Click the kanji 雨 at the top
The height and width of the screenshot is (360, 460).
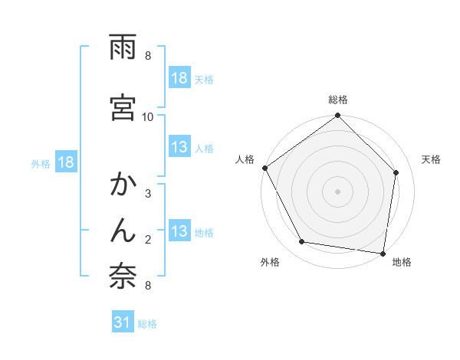click(123, 47)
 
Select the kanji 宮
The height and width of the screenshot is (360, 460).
click(123, 107)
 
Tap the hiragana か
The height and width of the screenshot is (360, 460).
click(123, 185)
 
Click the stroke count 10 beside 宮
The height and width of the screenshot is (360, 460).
click(148, 116)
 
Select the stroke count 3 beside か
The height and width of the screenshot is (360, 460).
click(148, 194)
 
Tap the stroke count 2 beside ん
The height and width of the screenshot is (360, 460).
click(148, 240)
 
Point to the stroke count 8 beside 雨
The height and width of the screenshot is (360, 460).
click(148, 56)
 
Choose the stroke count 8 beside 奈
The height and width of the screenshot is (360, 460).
click(148, 286)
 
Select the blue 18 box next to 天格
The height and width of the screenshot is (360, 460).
click(179, 79)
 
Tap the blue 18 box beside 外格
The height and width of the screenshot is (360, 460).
click(65, 162)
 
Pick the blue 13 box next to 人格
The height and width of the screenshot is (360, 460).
click(179, 148)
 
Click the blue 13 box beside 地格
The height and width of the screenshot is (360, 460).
click(179, 231)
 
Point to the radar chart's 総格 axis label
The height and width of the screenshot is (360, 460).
click(338, 100)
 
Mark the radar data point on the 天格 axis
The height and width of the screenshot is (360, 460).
click(396, 172)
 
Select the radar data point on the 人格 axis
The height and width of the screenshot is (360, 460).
click(265, 168)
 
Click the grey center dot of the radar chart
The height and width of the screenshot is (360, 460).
click(338, 191)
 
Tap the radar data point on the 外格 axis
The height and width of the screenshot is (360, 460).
click(302, 242)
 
